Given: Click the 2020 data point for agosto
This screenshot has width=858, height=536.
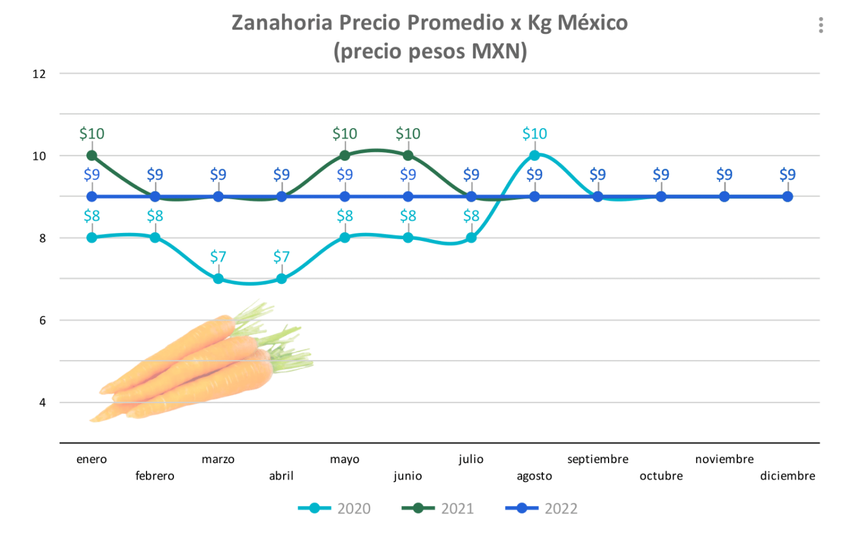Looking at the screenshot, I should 534,156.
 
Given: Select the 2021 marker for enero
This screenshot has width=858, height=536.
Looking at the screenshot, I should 92,156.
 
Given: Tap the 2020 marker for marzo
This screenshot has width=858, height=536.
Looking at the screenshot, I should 218,279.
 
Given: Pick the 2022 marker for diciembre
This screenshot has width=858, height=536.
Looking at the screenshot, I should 788,197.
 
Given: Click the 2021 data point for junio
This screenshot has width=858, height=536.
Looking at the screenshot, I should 408,156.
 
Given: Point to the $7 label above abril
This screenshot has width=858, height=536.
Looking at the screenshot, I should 281,256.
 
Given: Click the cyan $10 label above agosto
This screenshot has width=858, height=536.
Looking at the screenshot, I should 534,134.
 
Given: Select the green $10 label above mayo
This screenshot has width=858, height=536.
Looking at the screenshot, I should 344,134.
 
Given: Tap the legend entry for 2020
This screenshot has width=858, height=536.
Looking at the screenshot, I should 335,508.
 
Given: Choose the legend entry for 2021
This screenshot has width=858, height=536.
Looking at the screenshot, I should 438,508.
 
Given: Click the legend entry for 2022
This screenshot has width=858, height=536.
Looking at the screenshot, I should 541,508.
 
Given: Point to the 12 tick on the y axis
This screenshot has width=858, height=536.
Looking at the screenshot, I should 39,74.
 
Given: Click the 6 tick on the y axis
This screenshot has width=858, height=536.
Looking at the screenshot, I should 42,321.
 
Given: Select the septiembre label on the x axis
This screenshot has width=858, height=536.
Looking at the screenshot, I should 598,459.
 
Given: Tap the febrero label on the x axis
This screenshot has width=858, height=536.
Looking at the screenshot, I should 155,476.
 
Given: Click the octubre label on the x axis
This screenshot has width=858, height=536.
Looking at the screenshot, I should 661,476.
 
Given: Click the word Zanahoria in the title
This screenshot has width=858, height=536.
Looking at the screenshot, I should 282,23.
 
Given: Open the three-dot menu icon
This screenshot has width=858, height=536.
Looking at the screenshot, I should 821,25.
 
